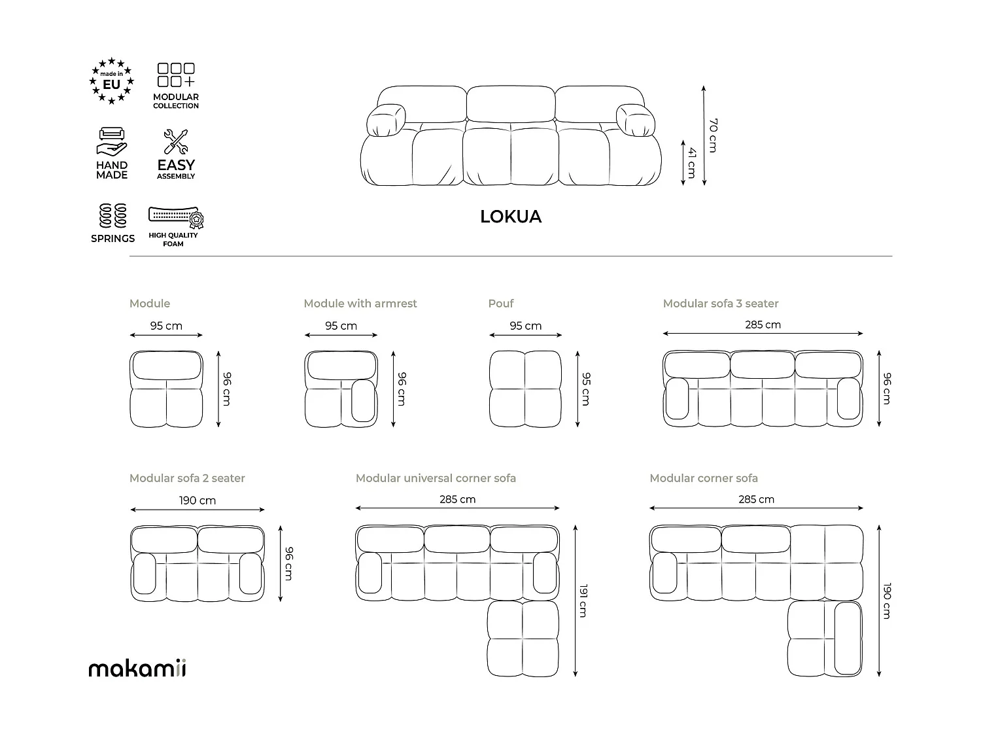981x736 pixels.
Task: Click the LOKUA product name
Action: pos(511,217)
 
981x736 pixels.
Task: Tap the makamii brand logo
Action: pos(137,668)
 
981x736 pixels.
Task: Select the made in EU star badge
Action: pos(112,81)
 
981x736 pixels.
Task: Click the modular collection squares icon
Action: pos(176,75)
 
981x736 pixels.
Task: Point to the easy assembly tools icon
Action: pos(175,142)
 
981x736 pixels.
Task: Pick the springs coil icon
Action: pos(112,215)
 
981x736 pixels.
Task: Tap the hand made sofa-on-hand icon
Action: pos(112,142)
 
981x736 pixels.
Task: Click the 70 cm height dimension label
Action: pos(714,135)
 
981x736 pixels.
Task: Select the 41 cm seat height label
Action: pos(691,164)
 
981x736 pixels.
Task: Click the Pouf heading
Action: pos(501,304)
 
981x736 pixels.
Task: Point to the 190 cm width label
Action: pos(198,500)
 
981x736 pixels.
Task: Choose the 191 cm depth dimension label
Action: pos(583,600)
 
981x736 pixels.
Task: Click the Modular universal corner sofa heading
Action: pos(436,478)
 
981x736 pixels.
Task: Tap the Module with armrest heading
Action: pos(360,304)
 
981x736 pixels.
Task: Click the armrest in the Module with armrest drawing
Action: pos(363,400)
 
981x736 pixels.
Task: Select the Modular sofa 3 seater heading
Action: pos(721,304)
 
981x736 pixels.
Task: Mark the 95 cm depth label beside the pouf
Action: pos(586,389)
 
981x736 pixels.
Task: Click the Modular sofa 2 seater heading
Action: pos(187,478)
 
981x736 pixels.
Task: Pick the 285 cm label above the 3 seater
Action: pos(763,324)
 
